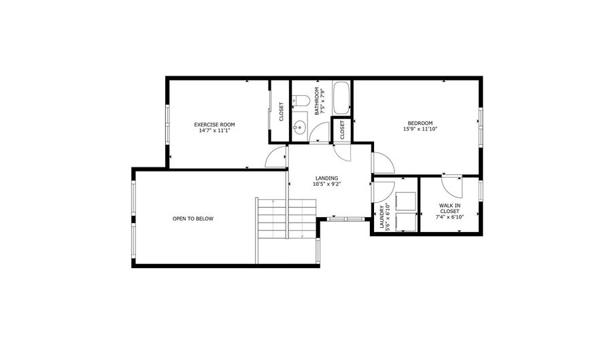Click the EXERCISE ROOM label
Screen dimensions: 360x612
coord(214,125)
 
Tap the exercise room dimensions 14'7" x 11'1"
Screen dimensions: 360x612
coord(214,131)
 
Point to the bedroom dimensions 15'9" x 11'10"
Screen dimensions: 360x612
coord(420,129)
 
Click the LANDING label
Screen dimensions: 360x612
coord(326,178)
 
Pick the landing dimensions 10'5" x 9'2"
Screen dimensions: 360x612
coord(326,184)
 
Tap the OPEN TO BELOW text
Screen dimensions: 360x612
coord(192,218)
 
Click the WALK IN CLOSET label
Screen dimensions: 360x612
coord(449,208)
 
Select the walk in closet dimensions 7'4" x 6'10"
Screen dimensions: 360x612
coord(449,218)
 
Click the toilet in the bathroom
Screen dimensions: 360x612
coord(302,101)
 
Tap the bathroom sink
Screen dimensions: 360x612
coord(299,126)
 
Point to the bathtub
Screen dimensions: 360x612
coord(341,98)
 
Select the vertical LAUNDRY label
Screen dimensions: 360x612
coord(384,218)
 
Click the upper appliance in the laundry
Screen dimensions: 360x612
coord(405,202)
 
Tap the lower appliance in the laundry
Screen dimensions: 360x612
coord(405,223)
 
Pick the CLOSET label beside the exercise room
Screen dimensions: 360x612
coord(281,112)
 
